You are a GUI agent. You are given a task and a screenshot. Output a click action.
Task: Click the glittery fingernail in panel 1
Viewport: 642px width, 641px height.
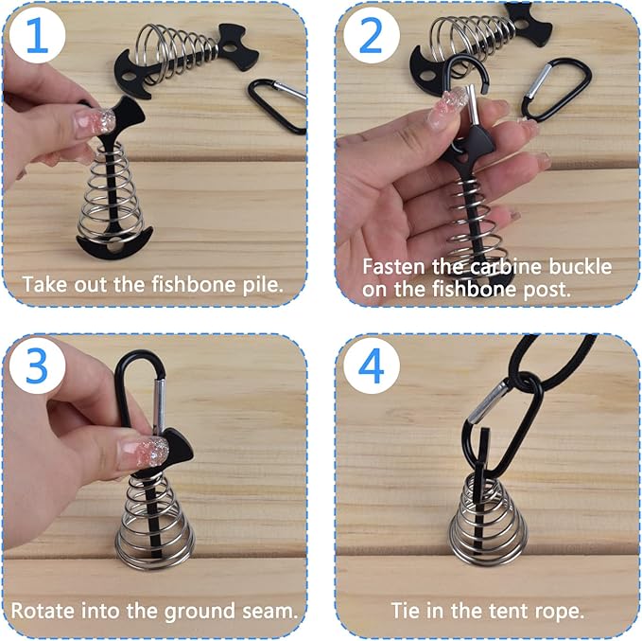[x=98, y=121]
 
